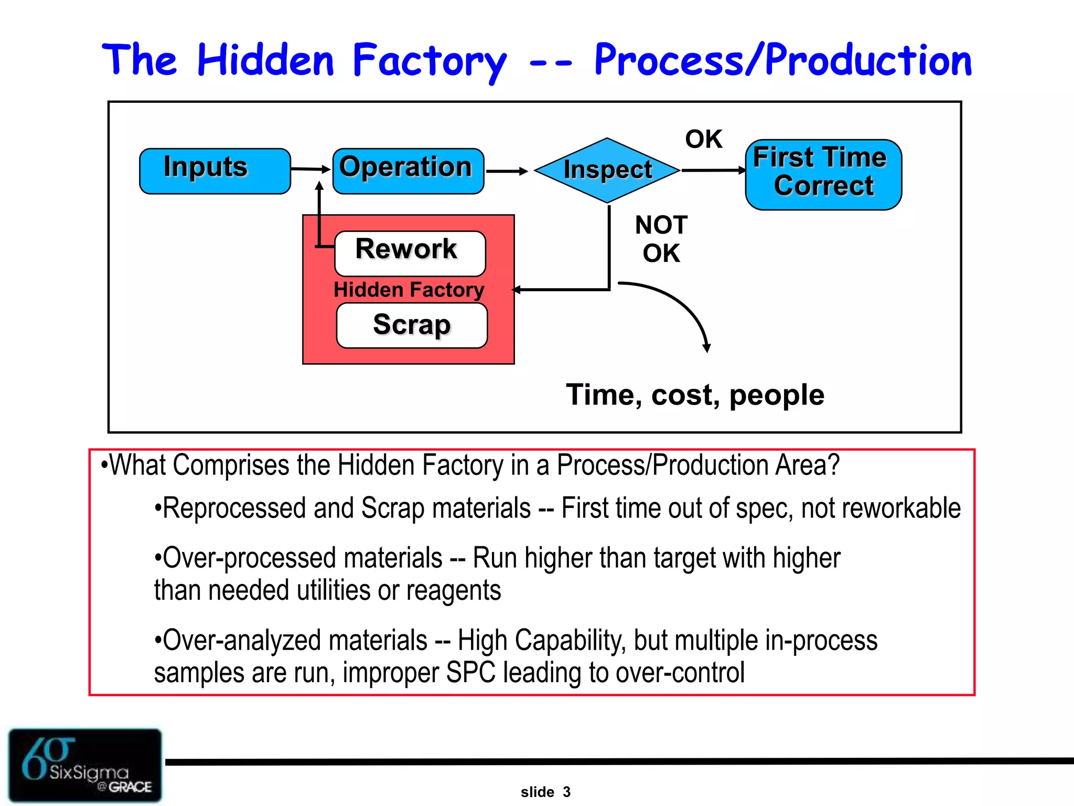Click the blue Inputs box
pyautogui.click(x=214, y=171)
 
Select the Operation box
pyautogui.click(x=408, y=171)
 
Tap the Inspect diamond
pyautogui.click(x=607, y=171)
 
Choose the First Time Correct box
pyautogui.click(x=823, y=174)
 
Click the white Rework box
pyautogui.click(x=410, y=253)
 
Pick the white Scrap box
pyautogui.click(x=412, y=325)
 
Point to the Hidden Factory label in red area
pyautogui.click(x=409, y=290)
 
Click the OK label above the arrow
pyautogui.click(x=703, y=140)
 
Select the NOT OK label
pyautogui.click(x=661, y=239)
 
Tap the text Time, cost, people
pyautogui.click(x=694, y=395)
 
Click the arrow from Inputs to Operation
pyautogui.click(x=310, y=169)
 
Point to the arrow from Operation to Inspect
pyautogui.click(x=506, y=171)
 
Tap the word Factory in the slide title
pyautogui.click(x=429, y=62)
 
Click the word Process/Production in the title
pyautogui.click(x=782, y=61)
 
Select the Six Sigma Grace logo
pyautogui.click(x=85, y=765)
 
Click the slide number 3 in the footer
pyautogui.click(x=566, y=792)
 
